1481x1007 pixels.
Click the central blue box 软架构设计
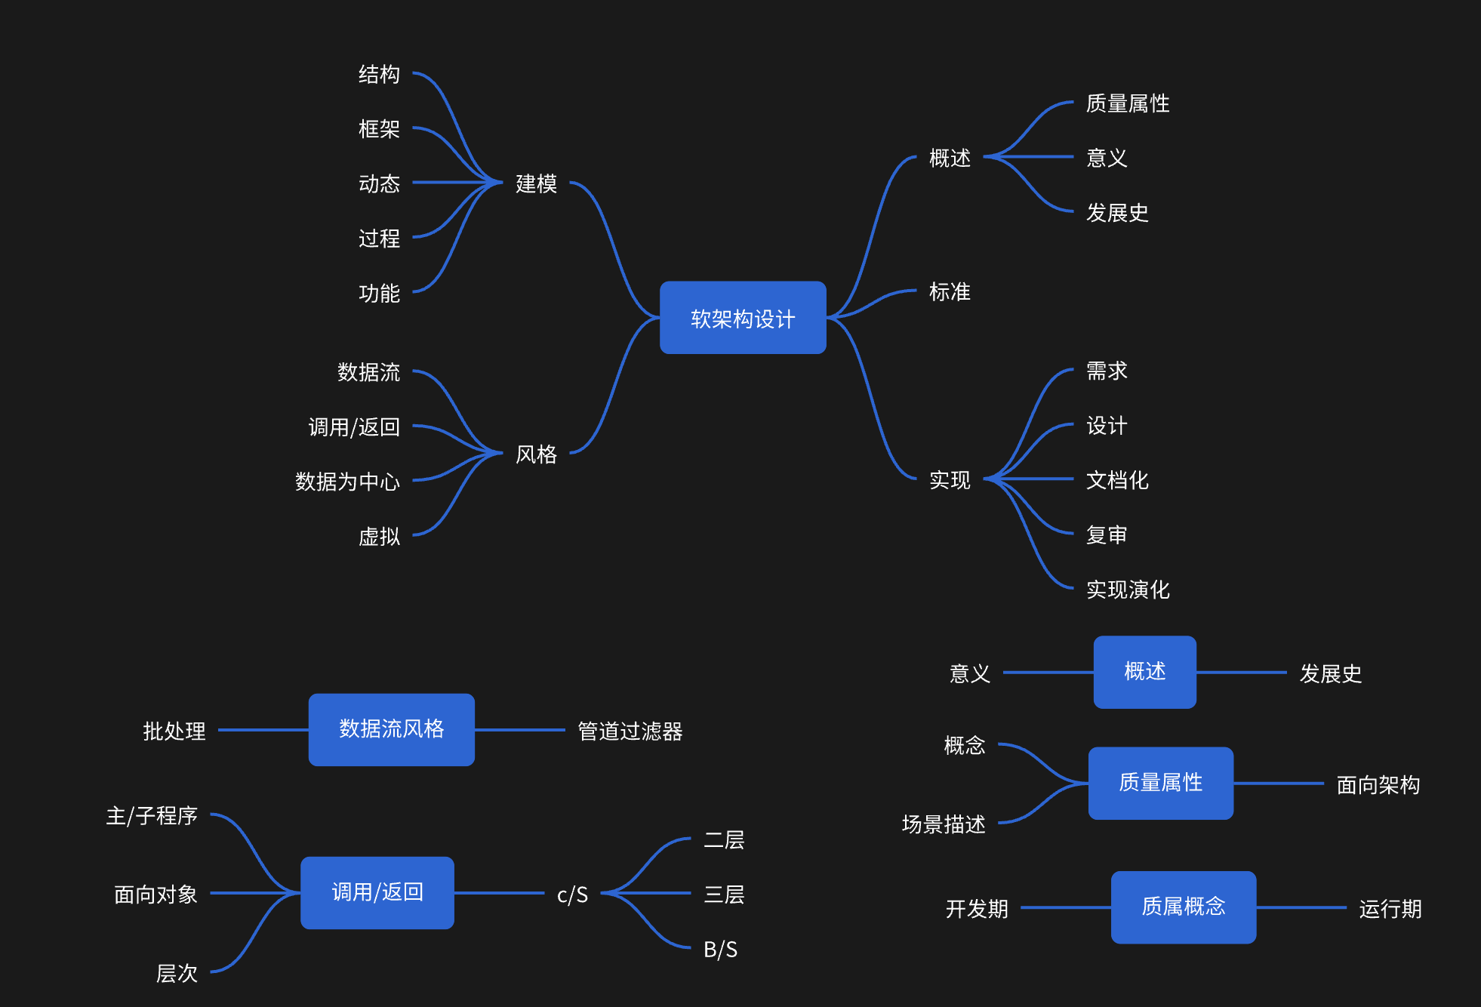[743, 318]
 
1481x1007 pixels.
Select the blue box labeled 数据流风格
[391, 729]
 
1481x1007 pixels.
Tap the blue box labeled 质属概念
[1183, 907]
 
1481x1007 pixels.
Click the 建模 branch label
[536, 183]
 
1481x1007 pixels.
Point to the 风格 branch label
[536, 454]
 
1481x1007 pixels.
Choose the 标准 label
[950, 292]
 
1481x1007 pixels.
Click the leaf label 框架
[379, 129]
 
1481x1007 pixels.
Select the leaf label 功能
[379, 293]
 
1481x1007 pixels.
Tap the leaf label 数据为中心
[347, 482]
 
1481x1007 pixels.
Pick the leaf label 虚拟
[379, 537]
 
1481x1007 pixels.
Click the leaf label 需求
[1107, 371]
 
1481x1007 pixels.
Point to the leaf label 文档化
[1117, 480]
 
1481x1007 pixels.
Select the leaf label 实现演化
[1128, 590]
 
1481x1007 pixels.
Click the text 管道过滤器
[630, 731]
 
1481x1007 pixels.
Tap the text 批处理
[174, 731]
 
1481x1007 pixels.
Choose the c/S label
[572, 895]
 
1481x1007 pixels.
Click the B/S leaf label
[720, 949]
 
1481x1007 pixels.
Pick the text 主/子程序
[152, 816]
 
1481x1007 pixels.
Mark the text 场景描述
[944, 824]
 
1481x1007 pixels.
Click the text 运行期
[1390, 908]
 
